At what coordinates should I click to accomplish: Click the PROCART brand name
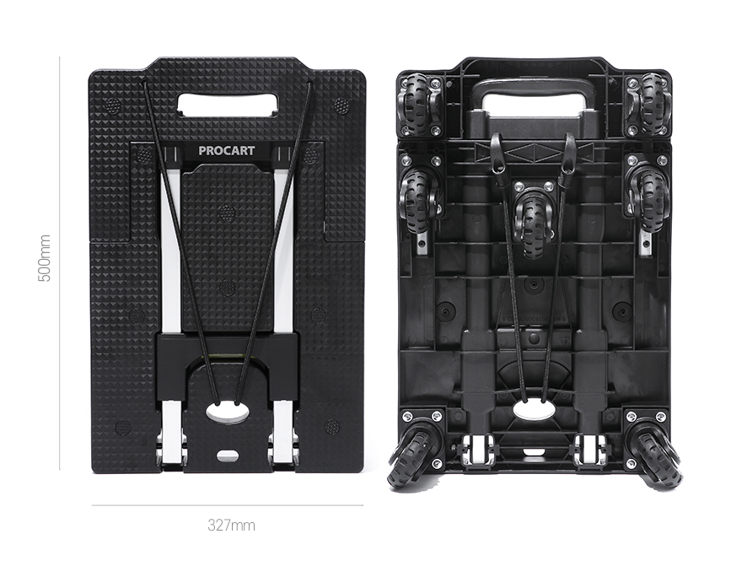pos(227,151)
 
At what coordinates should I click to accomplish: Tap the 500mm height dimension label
pos(44,258)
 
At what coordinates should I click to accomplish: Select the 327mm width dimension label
pos(231,526)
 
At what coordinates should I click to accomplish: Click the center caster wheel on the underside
pos(533,218)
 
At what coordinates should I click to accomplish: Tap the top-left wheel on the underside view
pos(416,105)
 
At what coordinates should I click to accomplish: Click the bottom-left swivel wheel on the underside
pos(409,454)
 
